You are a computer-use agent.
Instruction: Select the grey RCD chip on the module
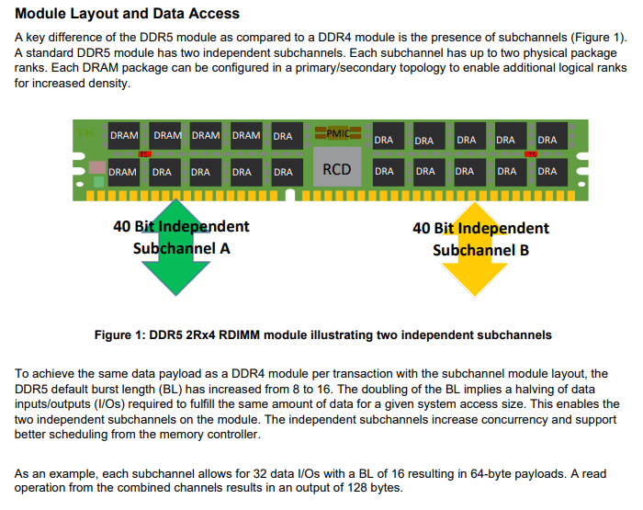click(337, 170)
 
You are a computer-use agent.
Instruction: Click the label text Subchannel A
click(181, 248)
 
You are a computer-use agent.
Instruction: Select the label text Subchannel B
click(480, 250)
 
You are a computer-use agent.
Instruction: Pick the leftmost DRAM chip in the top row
click(124, 136)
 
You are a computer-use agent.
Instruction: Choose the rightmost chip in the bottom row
click(547, 171)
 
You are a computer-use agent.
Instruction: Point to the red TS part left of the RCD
click(144, 153)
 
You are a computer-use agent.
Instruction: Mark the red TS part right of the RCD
click(530, 153)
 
